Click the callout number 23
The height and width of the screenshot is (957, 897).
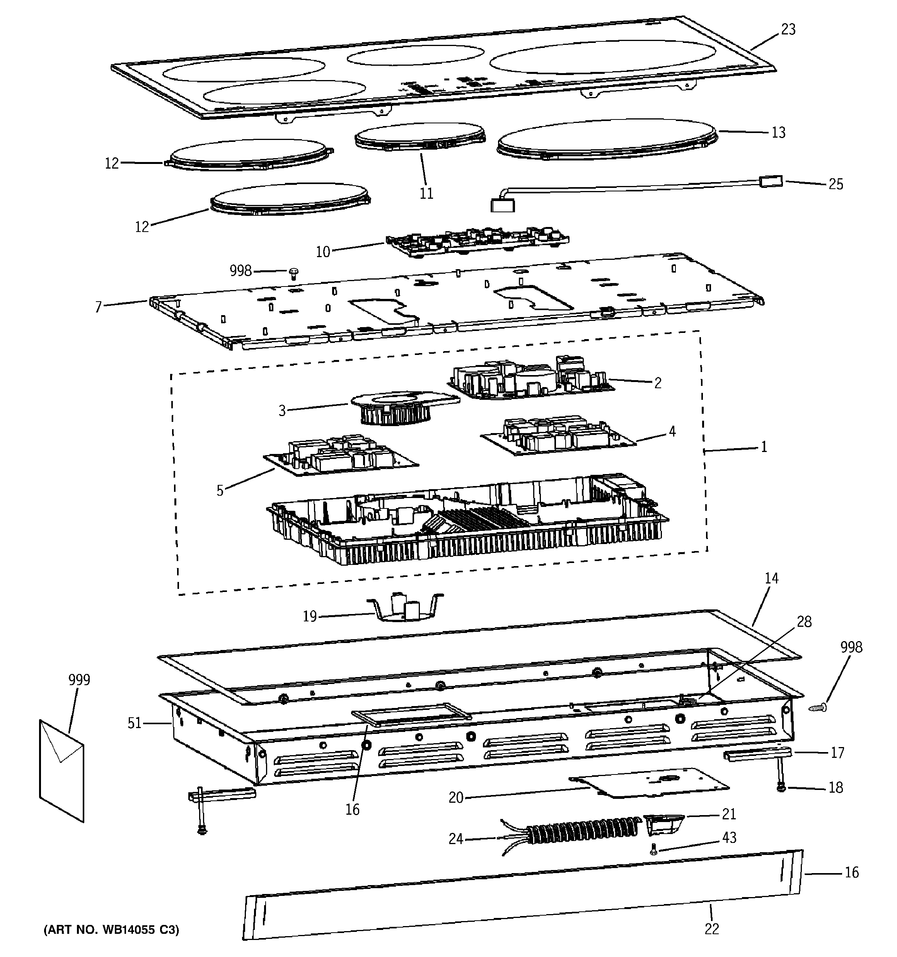[788, 29]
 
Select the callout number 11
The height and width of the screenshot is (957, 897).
[426, 193]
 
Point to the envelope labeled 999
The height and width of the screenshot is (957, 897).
[61, 770]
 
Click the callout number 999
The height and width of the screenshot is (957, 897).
[79, 680]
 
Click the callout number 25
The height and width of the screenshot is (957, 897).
[836, 184]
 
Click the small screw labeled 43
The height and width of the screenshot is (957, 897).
[653, 851]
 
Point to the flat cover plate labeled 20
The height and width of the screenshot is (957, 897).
[650, 782]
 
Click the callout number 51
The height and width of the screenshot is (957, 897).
[134, 723]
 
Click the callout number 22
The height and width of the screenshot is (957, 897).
[712, 929]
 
